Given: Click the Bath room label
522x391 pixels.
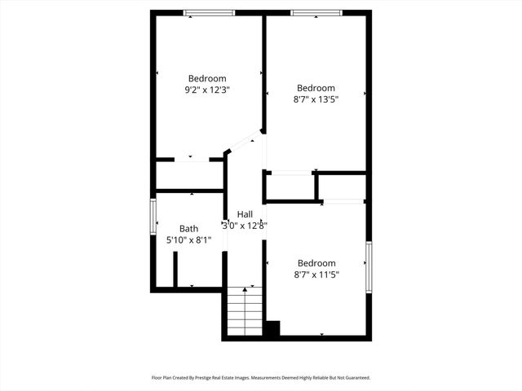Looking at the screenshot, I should [x=189, y=229].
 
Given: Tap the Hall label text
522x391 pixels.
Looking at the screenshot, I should [x=245, y=213].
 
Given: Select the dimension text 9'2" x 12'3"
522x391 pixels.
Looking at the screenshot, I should [x=207, y=90].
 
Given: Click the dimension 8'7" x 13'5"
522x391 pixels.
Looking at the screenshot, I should [x=316, y=99].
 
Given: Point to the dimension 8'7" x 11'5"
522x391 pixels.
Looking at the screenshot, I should [x=316, y=275].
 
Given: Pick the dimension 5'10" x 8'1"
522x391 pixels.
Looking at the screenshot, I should [x=188, y=240].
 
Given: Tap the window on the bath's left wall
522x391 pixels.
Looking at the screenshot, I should [x=153, y=217].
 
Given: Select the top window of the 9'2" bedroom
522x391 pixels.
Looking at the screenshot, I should [x=209, y=12].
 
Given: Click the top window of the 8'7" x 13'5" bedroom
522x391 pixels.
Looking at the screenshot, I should [x=316, y=12].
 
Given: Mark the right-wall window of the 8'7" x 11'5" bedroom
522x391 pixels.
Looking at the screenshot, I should [x=369, y=267].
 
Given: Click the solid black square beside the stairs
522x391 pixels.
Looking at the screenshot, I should [x=272, y=328].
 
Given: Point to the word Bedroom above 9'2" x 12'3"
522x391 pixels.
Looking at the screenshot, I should [x=207, y=79].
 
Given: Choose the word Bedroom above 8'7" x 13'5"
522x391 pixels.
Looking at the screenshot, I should [x=316, y=88].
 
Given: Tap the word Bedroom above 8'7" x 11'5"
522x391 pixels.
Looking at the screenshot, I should [x=316, y=263].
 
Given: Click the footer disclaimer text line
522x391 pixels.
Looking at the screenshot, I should [x=261, y=378].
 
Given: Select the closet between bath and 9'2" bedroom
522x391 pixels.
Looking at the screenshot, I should [x=189, y=175].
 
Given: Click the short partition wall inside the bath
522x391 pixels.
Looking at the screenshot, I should [x=175, y=269].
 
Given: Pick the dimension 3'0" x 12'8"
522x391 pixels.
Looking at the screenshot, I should [x=245, y=226].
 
